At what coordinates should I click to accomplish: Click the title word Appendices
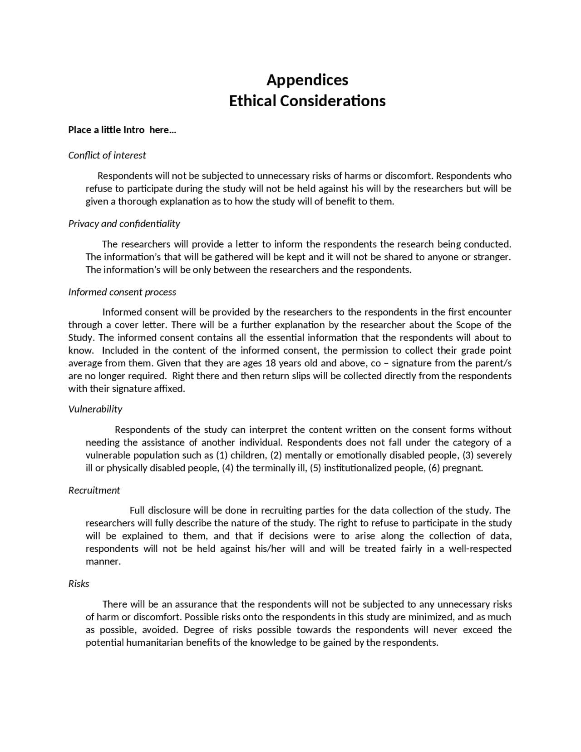pos(307,80)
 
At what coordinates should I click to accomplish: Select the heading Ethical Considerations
pos(307,101)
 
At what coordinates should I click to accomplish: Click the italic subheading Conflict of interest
pos(107,155)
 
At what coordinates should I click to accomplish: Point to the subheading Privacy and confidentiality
pos(124,223)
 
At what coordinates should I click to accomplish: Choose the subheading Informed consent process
pos(122,292)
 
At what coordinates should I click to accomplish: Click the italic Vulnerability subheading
pos(95,409)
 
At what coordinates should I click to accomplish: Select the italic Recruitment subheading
pos(94,490)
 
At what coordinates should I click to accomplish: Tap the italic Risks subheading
pos(79,584)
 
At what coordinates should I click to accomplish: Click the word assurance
pos(196,604)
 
